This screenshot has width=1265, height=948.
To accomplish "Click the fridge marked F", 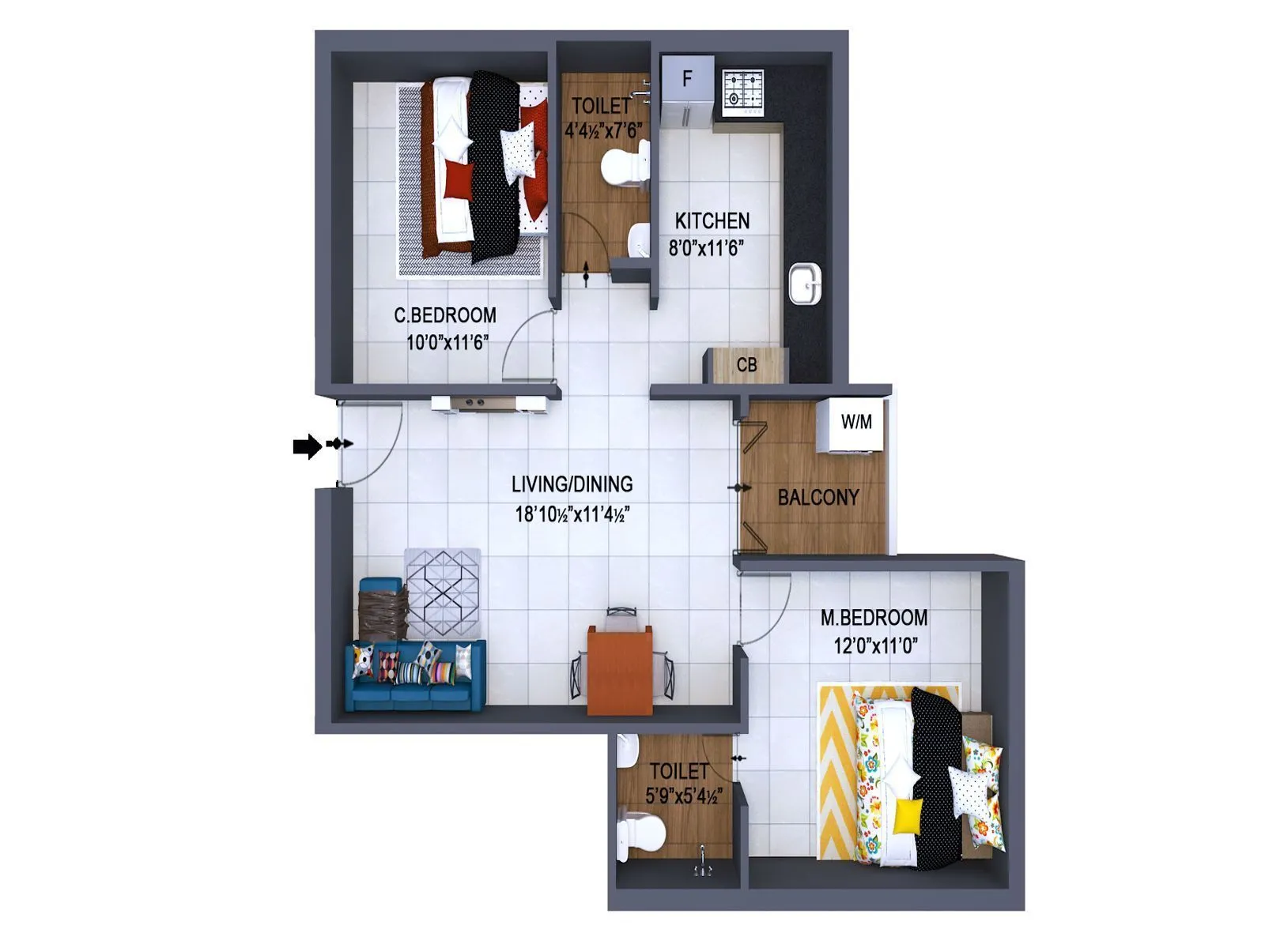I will (686, 91).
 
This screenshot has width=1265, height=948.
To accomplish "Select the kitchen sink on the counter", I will (805, 283).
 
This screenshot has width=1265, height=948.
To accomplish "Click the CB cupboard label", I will (746, 365).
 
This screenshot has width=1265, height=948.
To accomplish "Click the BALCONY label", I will (818, 498).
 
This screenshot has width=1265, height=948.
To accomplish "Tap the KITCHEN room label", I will (712, 221).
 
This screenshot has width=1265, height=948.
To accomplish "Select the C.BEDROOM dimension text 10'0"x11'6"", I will (447, 343).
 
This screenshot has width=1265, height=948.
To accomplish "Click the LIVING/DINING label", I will (572, 484).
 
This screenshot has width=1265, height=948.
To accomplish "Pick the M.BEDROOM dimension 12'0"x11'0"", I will (874, 646).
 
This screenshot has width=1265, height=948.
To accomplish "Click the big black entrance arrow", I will (307, 446).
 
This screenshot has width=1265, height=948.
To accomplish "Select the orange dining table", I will (620, 668).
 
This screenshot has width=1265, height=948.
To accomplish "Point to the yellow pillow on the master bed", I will (908, 816).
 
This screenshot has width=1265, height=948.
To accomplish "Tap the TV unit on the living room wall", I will (489, 404).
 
